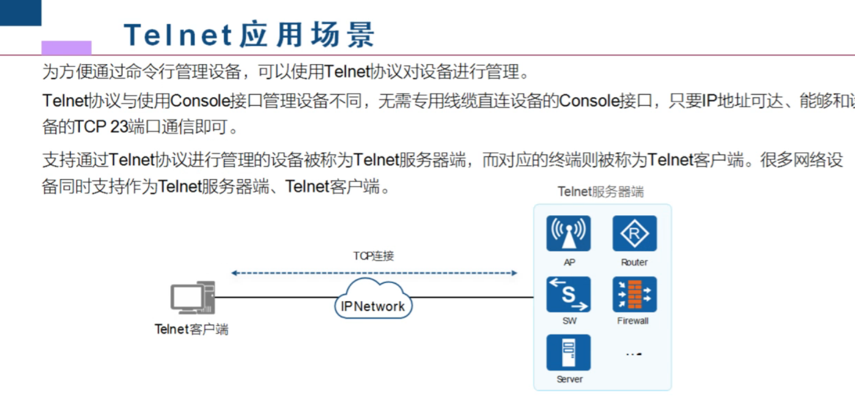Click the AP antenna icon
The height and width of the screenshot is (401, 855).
[x=569, y=233]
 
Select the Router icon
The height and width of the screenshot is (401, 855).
[x=634, y=233]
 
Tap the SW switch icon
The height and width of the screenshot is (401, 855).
[x=569, y=294]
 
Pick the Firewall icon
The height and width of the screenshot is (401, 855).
[x=634, y=294]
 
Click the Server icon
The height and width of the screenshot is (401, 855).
[x=569, y=352]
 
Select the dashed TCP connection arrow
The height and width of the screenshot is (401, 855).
[x=374, y=273]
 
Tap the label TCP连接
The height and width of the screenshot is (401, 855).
[x=374, y=256]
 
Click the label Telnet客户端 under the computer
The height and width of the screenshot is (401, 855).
[x=191, y=330]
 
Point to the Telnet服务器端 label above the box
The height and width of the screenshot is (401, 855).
[x=601, y=192]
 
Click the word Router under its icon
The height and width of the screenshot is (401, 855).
[x=634, y=262]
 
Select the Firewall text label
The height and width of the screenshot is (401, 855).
[x=633, y=321]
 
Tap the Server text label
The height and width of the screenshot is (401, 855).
[x=569, y=379]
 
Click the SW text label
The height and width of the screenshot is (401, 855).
[x=569, y=321]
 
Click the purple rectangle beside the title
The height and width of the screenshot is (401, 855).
[x=66, y=48]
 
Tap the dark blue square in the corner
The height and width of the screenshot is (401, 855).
[x=20, y=12]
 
